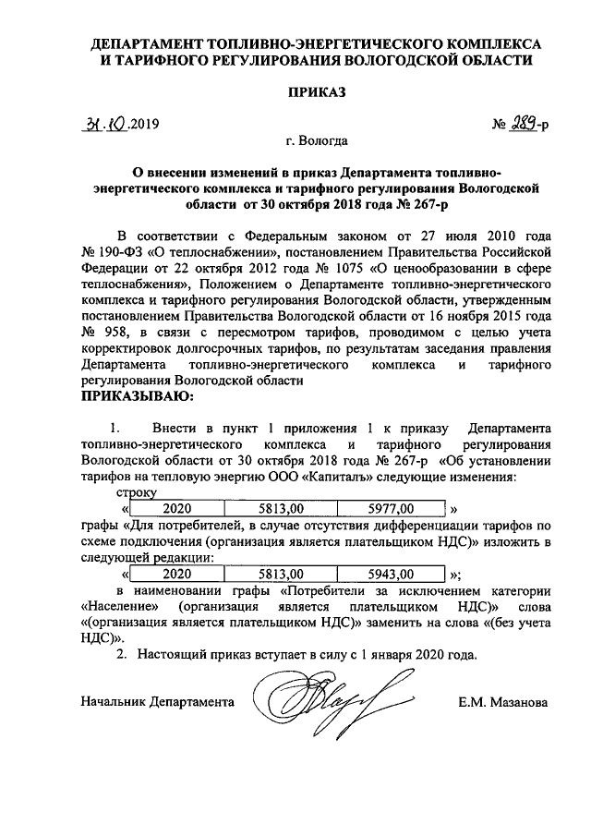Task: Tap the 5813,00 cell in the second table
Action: coord(283,572)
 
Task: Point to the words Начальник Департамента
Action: coord(157,703)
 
